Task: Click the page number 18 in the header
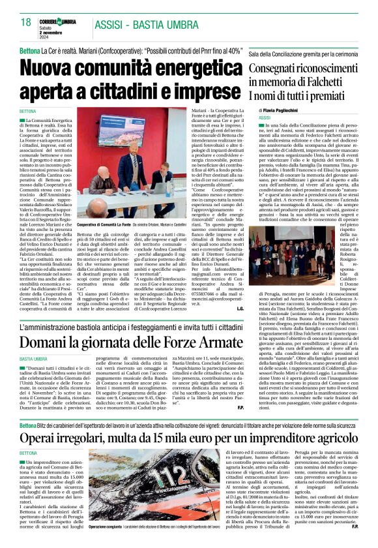tap(26, 23)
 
